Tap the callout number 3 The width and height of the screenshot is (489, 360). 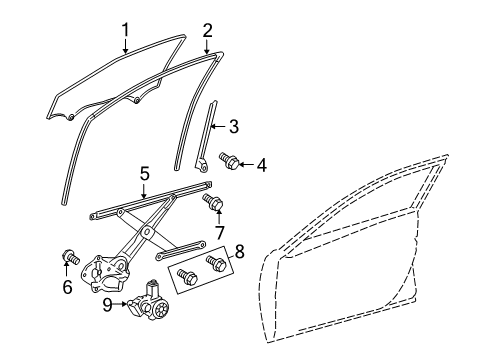(x=233, y=126)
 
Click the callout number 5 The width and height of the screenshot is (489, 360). (x=144, y=174)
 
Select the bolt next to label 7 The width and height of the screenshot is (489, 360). (x=212, y=204)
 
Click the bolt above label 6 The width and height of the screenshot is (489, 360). (x=71, y=257)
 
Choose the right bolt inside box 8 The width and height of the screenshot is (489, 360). (x=214, y=263)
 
